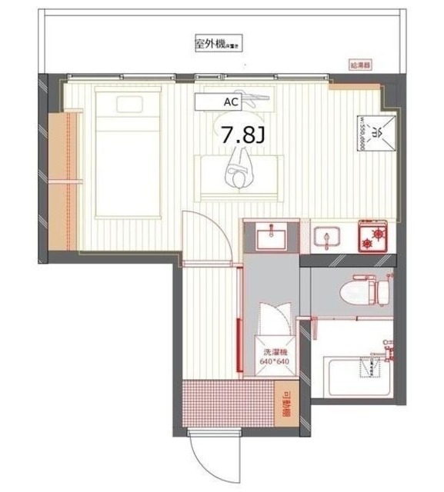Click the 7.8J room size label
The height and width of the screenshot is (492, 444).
pyautogui.click(x=244, y=136)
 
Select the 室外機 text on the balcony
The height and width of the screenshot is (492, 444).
pyautogui.click(x=210, y=45)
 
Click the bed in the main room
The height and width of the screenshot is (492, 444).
pyautogui.click(x=126, y=154)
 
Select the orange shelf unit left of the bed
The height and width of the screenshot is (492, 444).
pyautogui.click(x=61, y=180)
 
